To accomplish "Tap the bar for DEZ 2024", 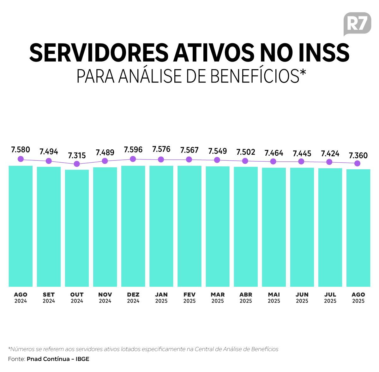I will pos(133,226).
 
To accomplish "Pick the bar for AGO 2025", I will pos(358,228).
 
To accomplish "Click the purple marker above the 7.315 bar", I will pos(77,164).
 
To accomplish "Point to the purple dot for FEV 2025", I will pos(189,159).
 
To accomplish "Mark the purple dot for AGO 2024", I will pos(21,159).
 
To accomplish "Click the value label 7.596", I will pos(133,149).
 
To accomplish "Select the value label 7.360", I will pos(358,155).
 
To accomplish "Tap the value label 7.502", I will pos(245,152).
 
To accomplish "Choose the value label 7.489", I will pos(105,152).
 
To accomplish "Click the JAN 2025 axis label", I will pos(161,297).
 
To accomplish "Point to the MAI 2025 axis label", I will pos(274,297).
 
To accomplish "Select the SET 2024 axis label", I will pos(49,297).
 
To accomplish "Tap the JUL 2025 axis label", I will pos(330,297).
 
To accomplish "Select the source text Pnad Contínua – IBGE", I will pos(58,359).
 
